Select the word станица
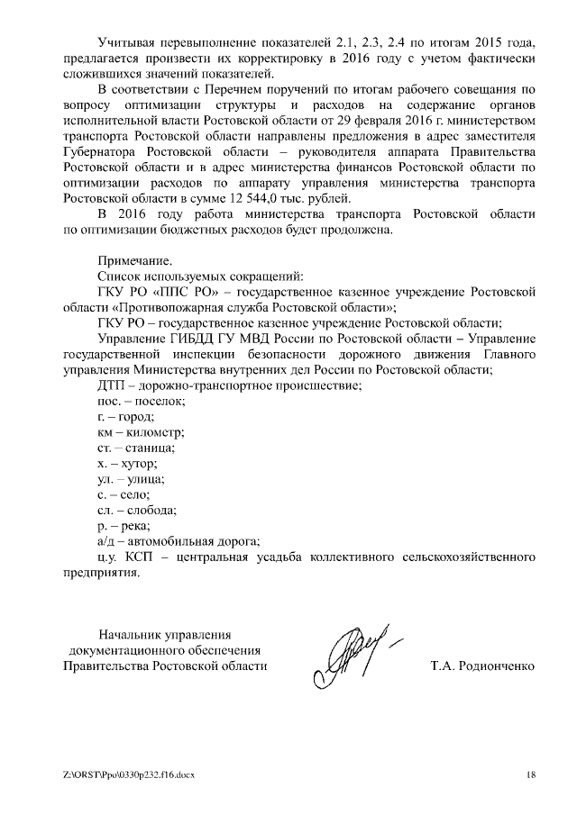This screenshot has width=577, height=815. (150, 448)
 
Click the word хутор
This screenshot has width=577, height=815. (139, 463)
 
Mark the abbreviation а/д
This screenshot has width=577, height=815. (105, 541)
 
